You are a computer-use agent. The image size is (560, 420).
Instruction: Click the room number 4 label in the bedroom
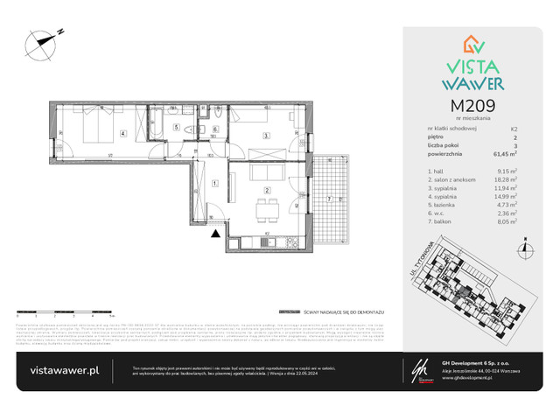click(x=123, y=134)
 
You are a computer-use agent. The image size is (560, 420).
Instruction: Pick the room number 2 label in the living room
click(x=267, y=189)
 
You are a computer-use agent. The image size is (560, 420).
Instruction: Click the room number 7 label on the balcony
click(x=327, y=199)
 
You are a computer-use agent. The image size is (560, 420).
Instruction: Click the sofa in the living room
click(x=262, y=171)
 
